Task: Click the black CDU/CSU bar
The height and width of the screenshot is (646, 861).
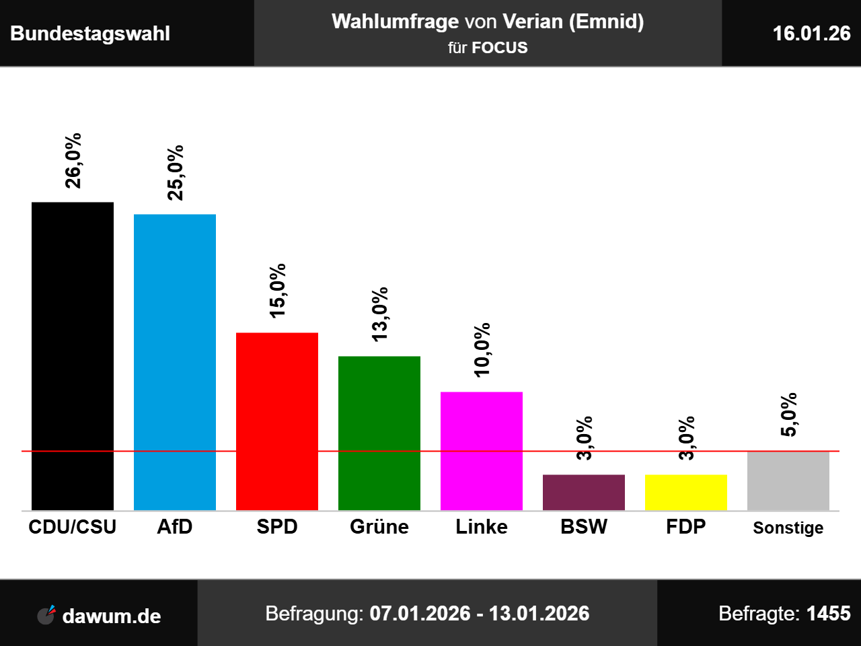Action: tap(73, 356)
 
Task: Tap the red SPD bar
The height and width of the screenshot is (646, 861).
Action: tap(277, 421)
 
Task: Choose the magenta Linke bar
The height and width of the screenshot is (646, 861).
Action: tap(482, 451)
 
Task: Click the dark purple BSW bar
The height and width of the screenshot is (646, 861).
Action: tap(584, 493)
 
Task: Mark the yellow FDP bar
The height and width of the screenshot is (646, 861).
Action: tap(686, 493)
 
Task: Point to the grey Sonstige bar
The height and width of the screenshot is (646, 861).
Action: tap(788, 481)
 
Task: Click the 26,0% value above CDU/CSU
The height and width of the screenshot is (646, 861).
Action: tap(73, 160)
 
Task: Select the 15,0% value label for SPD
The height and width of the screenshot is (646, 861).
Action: tap(277, 290)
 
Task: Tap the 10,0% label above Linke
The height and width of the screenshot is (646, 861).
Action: tap(482, 350)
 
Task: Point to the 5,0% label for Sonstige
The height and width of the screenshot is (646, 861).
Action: tap(788, 415)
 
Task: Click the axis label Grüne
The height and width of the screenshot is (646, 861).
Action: tap(379, 527)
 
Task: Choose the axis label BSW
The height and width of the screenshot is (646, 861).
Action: tap(584, 527)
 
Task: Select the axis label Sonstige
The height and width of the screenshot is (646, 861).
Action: tap(788, 528)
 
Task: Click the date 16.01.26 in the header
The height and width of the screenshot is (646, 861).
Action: tap(811, 34)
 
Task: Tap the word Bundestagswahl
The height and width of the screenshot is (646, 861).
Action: tap(90, 34)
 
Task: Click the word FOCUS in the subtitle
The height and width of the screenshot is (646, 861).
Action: tap(500, 48)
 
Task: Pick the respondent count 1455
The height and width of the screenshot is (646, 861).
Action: tap(828, 614)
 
